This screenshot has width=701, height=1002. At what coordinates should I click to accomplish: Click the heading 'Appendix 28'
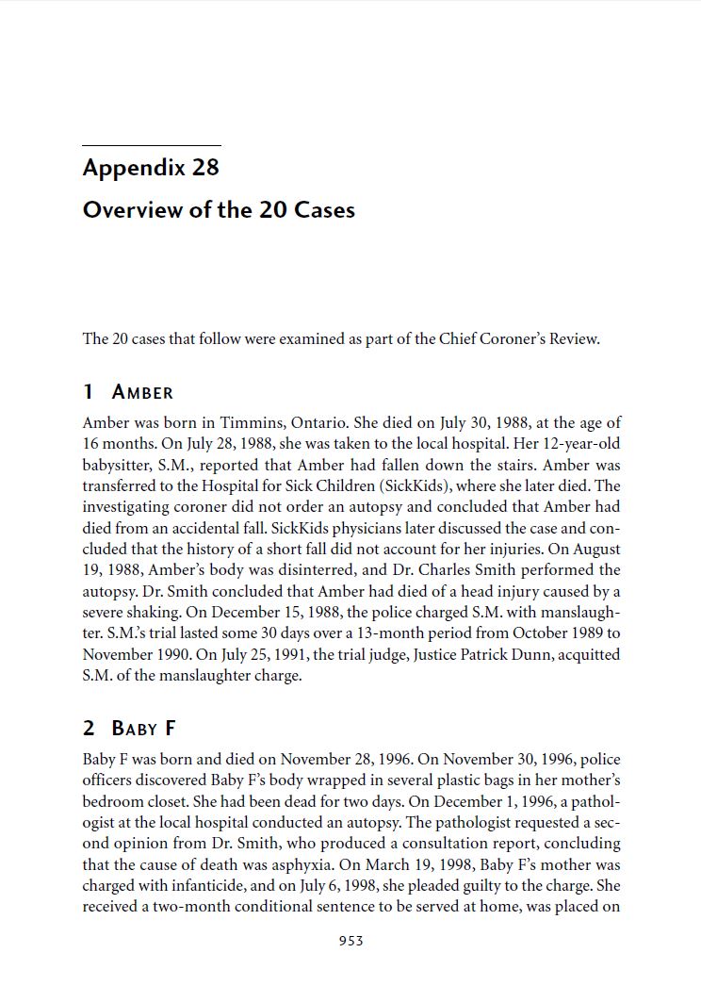(151, 168)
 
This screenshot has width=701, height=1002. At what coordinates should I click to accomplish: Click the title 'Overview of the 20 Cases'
(219, 209)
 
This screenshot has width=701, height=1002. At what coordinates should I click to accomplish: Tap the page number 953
(350, 941)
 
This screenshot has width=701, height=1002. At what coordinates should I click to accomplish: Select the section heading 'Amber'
(142, 392)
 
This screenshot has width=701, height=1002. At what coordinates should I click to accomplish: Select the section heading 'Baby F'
(143, 728)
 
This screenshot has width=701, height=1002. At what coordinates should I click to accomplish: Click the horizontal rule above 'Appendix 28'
(151, 146)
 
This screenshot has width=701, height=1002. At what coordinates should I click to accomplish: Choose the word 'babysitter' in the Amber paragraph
(118, 465)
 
